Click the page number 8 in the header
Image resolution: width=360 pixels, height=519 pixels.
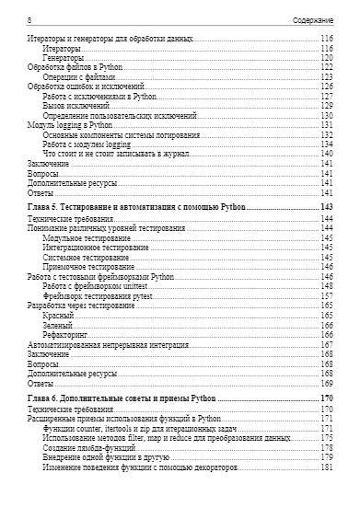pos(29,18)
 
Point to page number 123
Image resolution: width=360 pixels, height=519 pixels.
pos(325,77)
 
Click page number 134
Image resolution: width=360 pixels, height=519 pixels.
pos(325,144)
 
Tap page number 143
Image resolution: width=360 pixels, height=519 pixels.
pos(325,209)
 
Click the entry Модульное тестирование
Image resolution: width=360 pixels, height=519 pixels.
pos(88,237)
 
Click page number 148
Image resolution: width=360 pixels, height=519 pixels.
pos(325,285)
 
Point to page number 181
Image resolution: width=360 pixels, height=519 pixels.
pos(325,467)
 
